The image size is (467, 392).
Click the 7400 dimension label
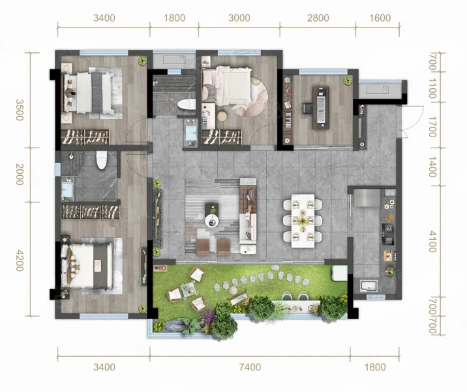click(250, 367)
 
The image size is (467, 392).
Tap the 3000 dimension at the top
click(239, 18)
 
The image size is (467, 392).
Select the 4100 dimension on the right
click(432, 241)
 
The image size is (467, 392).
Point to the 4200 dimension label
click(20, 261)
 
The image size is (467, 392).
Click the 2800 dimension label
click(318, 18)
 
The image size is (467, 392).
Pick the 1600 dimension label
click(380, 18)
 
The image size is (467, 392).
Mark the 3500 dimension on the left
click(20, 110)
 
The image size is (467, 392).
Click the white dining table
click(303, 221)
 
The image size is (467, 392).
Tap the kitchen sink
click(369, 286)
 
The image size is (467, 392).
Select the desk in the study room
click(321, 108)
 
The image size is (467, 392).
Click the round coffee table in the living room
click(212, 221)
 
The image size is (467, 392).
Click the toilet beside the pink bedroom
click(187, 105)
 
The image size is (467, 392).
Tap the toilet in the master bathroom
click(102, 159)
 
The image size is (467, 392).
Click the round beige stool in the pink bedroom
click(222, 116)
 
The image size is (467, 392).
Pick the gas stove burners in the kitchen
click(388, 234)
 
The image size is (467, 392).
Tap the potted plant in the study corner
click(348, 80)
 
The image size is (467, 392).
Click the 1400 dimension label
click(432, 167)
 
